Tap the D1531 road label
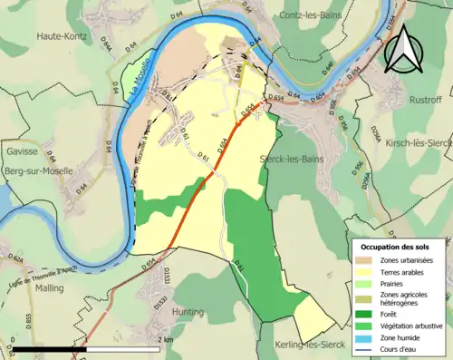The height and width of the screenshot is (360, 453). pyautogui.click(x=166, y=276)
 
